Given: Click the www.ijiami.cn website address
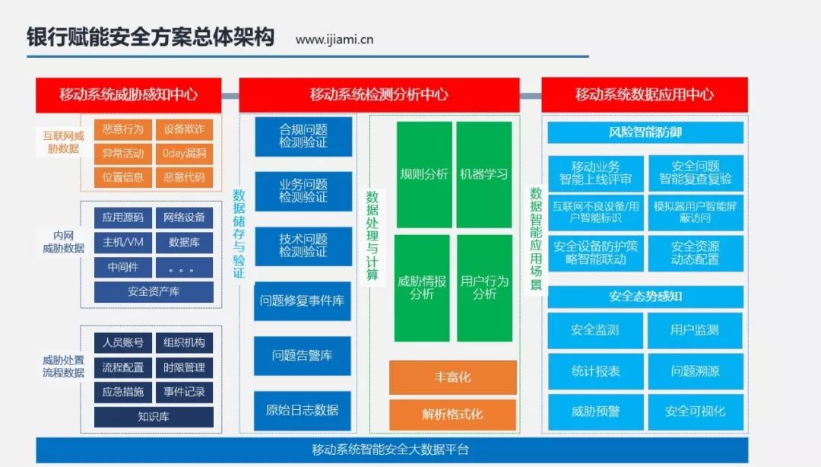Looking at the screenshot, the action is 334,40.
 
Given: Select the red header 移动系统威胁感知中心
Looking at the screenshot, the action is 128,95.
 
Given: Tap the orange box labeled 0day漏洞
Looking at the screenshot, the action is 184,154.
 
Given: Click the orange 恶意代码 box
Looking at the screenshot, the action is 184,177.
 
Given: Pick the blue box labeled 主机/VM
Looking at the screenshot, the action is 123,242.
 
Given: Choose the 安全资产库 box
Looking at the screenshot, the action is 154,292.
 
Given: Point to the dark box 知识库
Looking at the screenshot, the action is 154,418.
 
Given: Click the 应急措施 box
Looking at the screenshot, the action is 123,392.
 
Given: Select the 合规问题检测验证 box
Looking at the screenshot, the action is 303,136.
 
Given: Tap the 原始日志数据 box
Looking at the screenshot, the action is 303,411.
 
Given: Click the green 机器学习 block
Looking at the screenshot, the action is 483,174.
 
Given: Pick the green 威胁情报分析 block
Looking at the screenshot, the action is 422,288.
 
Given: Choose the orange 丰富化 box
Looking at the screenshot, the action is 453,377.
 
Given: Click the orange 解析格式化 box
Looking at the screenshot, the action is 453,415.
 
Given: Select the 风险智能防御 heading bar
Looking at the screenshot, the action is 645,132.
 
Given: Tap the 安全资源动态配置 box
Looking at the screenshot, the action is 696,253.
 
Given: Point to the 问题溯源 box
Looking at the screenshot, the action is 696,371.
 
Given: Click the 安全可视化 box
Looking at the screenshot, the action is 696,412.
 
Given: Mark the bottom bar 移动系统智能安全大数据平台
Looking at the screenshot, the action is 391,450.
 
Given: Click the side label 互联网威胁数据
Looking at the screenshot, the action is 63,142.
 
